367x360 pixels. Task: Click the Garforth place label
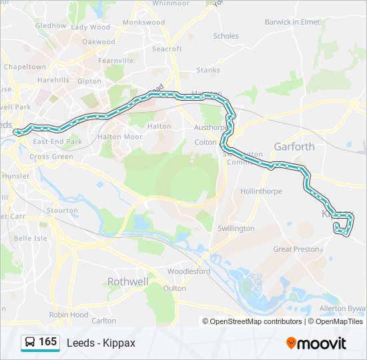(x=294, y=147)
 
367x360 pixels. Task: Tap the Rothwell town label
(x=127, y=282)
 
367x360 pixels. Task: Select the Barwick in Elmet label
(x=292, y=22)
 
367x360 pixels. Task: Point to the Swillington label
(x=236, y=228)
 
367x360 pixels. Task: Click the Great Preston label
(x=296, y=249)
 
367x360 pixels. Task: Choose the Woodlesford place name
(x=189, y=271)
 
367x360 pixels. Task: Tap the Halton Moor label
(x=120, y=137)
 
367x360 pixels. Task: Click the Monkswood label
(x=143, y=22)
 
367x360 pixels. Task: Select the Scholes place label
(x=226, y=36)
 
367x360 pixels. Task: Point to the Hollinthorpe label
(x=261, y=191)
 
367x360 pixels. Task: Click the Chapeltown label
(x=25, y=67)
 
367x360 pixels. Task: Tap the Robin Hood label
(x=68, y=315)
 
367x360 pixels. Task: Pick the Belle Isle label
(x=31, y=238)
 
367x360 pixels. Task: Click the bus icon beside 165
(x=29, y=343)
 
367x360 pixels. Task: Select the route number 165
(x=48, y=342)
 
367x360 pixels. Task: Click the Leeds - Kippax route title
(x=101, y=343)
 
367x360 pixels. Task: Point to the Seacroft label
(x=167, y=49)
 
